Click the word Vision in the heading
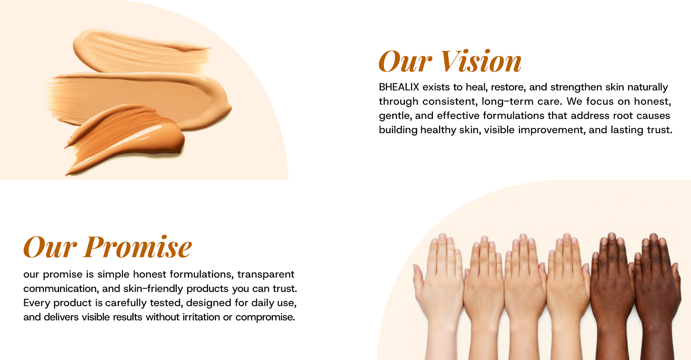[x=482, y=61]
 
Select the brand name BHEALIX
[x=399, y=87]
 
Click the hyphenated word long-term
[x=507, y=102]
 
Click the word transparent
[x=266, y=275]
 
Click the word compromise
[x=265, y=318]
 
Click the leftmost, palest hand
[x=439, y=295]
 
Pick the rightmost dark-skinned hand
[x=657, y=295]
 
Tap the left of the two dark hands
[x=612, y=295]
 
